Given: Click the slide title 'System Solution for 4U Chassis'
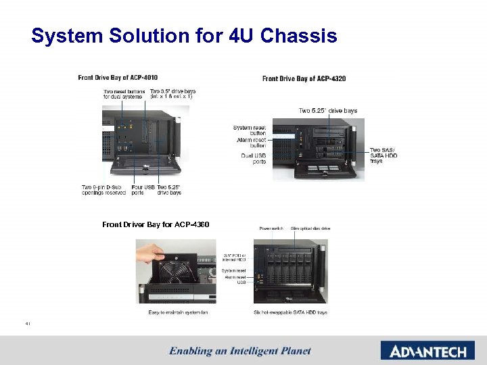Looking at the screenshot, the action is point(184,36).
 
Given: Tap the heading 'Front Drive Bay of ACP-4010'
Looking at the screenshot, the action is point(118,78).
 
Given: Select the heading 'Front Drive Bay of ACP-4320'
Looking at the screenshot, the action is point(304,79).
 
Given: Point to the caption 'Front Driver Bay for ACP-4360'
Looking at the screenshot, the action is point(156,224).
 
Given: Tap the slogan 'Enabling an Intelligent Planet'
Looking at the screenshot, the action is point(240,351).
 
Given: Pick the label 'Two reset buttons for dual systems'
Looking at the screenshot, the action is point(123,94).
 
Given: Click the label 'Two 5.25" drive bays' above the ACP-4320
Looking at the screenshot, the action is point(328,111).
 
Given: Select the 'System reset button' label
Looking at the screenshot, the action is point(250,130).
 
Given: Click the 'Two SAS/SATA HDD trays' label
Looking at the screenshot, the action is point(384,155).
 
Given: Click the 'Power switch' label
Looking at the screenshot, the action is point(271,229).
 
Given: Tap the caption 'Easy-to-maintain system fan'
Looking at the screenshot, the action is point(178,312).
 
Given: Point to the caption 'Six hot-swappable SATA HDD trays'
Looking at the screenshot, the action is point(290,312).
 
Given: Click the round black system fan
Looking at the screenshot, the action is point(177,274).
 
